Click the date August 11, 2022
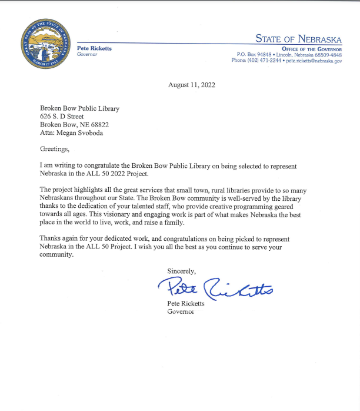tap(192, 85)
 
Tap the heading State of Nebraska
tap(298, 39)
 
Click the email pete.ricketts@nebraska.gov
tap(314, 61)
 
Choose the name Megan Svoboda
tap(78, 133)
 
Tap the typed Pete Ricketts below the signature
tap(189, 304)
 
